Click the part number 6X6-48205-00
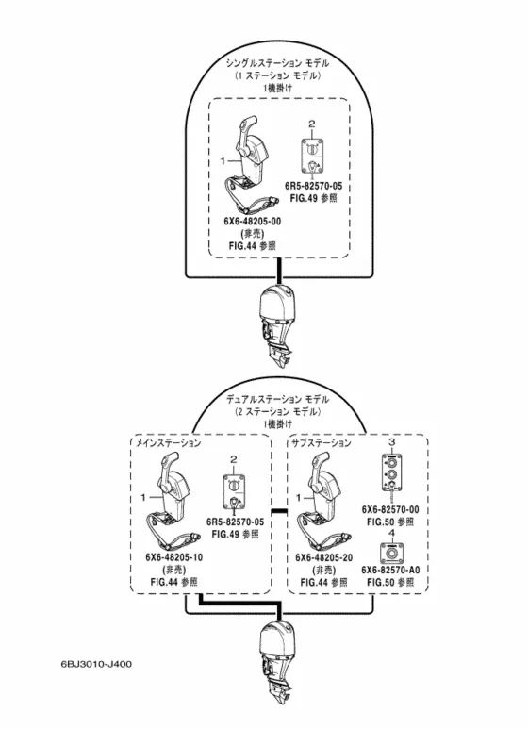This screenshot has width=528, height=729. (253, 222)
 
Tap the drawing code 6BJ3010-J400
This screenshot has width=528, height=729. (96, 664)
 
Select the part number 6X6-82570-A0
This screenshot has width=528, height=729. (390, 570)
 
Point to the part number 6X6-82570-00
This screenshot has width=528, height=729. (390, 509)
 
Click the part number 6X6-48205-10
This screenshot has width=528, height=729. (174, 557)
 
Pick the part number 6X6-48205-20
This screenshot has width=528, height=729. (324, 557)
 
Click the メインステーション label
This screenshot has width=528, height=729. (168, 442)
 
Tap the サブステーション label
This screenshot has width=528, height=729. (322, 442)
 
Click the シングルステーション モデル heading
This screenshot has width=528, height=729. (277, 63)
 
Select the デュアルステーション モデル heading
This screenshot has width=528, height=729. (278, 399)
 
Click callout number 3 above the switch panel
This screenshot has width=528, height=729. (392, 442)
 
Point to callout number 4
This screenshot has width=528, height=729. (391, 533)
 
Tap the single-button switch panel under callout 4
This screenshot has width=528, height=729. (391, 553)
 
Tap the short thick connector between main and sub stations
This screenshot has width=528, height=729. (279, 511)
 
